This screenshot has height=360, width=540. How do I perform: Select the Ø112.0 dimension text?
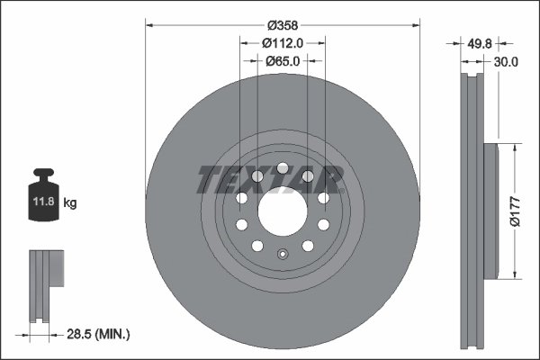(x=281, y=42)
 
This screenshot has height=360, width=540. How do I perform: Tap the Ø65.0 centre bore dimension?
(x=282, y=62)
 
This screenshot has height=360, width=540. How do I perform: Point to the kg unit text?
(x=70, y=203)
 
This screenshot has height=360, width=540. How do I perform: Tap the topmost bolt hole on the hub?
(x=282, y=167)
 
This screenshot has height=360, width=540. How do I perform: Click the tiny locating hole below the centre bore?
(x=282, y=253)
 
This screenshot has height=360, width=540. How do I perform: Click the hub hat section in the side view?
(x=490, y=210)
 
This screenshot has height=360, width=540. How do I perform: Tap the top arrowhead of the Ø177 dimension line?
(x=514, y=145)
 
